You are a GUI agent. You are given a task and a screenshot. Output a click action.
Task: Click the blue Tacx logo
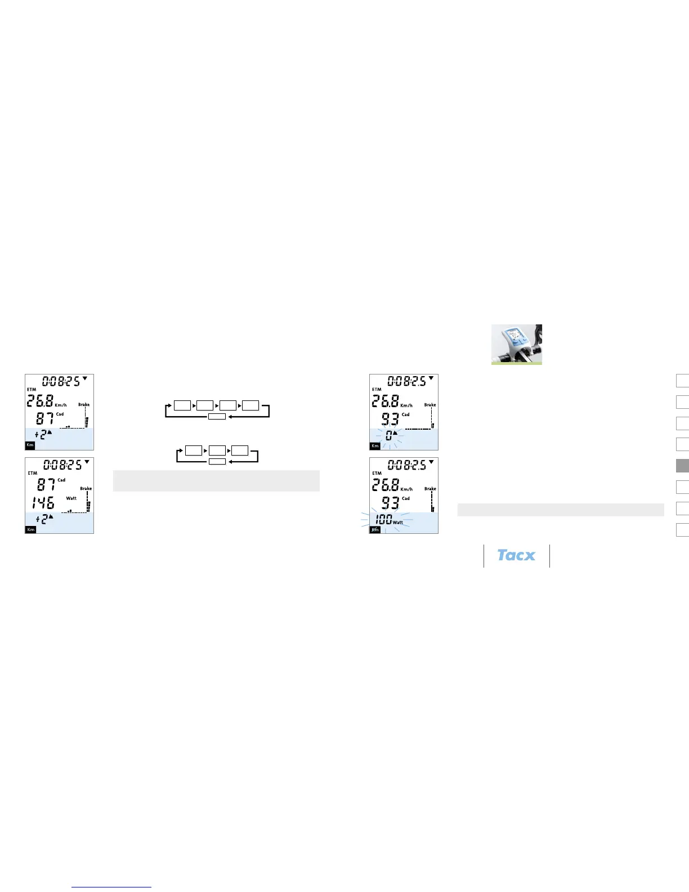[516, 555]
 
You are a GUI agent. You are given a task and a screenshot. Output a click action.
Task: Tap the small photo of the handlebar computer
[516, 344]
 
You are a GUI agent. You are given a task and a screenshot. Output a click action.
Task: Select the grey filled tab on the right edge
[682, 466]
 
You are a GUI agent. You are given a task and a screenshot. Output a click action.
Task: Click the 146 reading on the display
[43, 503]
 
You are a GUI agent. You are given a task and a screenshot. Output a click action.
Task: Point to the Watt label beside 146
[71, 498]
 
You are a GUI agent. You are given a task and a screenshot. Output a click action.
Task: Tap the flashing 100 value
[383, 519]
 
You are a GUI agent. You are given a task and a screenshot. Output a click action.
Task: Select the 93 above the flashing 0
[390, 420]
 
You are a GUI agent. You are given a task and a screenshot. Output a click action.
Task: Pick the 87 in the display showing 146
[46, 484]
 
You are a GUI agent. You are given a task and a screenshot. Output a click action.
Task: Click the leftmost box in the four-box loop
[182, 405]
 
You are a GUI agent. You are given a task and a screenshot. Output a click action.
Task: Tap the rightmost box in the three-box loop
[240, 451]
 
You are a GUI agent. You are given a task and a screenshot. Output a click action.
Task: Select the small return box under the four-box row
[217, 417]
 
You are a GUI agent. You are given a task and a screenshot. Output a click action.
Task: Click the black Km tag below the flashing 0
[375, 446]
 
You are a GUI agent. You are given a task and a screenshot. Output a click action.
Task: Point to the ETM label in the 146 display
[33, 473]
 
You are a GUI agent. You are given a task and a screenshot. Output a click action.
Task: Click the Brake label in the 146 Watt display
[86, 488]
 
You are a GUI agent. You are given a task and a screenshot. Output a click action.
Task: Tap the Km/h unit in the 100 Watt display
[406, 489]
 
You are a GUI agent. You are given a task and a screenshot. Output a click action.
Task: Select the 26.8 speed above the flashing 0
[385, 402]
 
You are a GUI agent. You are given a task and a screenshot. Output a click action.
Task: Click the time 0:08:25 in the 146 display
[62, 465]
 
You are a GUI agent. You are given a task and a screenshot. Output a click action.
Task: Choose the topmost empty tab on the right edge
[682, 381]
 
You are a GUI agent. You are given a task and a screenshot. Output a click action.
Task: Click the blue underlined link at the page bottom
[111, 887]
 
